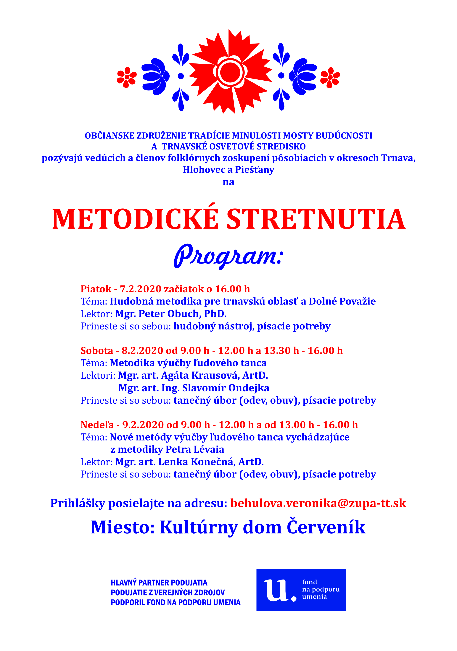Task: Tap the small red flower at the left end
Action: [127, 77]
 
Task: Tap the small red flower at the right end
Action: [330, 77]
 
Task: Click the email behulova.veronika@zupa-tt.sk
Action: [318, 503]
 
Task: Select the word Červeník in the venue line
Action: [326, 527]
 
